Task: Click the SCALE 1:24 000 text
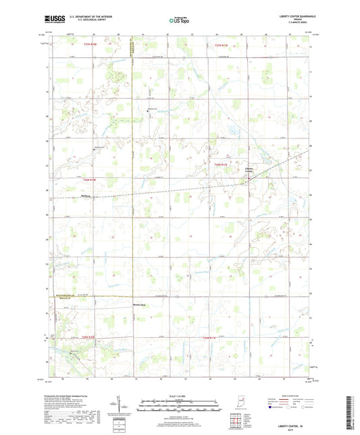point(180,395)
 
